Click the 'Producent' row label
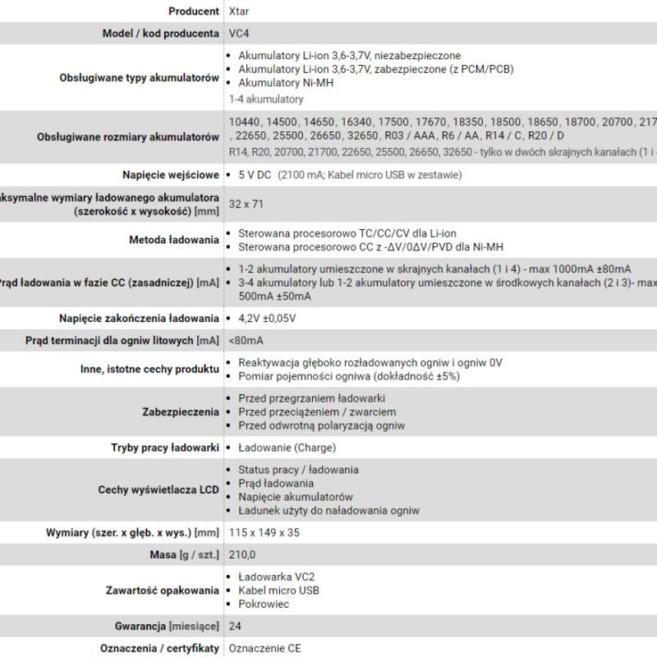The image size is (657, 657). pos(193,11)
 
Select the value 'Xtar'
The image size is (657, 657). pos(239,11)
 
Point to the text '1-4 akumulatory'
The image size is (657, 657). pos(266,99)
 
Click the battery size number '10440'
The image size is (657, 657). pos(245,122)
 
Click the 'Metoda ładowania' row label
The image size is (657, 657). pos(174,240)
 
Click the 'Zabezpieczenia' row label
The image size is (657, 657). pos(181,411)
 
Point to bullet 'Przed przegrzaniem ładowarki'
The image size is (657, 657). pos(311,398)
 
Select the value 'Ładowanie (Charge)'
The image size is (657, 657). pos(287,448)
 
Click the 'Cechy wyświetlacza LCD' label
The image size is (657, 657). pos(159,489)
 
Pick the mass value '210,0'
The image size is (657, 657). pos(242,555)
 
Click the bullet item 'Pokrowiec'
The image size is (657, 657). pos(264,604)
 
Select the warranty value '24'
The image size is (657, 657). pos(236,626)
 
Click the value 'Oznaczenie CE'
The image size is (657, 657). pos(265,648)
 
